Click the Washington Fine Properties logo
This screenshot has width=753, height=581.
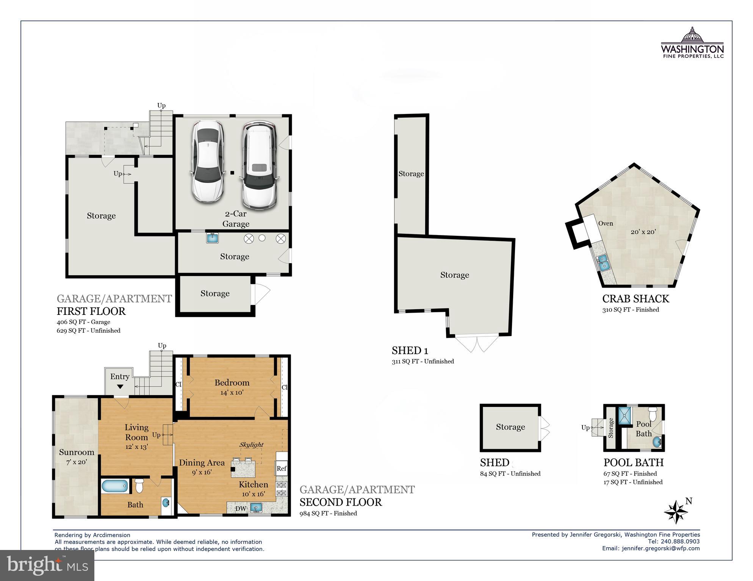tap(692, 42)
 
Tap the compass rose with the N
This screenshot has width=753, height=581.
tap(676, 512)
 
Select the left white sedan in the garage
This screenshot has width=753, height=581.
tap(207, 161)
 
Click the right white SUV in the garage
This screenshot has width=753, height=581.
tap(259, 165)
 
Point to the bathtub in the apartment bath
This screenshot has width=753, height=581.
tap(115, 486)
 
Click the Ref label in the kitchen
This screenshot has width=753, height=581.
tap(281, 469)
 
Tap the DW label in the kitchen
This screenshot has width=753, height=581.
tap(241, 508)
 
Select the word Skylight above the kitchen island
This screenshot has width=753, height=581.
tap(251, 445)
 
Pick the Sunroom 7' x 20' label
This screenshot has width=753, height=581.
tap(77, 456)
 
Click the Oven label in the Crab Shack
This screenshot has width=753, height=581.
tap(606, 223)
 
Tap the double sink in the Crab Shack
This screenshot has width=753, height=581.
tap(603, 263)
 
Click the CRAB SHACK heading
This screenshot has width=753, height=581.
tap(636, 299)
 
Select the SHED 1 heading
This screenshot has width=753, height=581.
tap(410, 350)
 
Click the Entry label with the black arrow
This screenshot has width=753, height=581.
tap(120, 380)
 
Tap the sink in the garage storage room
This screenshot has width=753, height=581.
tap(212, 238)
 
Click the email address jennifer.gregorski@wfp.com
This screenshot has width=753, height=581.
tap(661, 548)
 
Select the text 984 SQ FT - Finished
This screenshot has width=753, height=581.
tap(328, 513)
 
